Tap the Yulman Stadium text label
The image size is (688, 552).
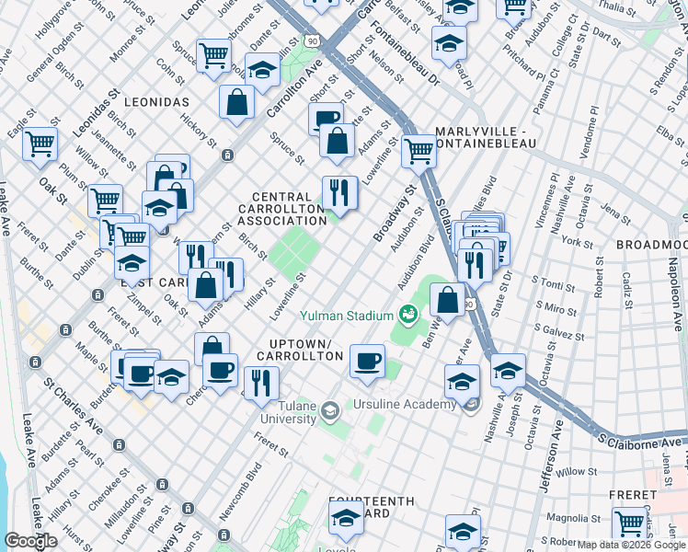click(346, 316)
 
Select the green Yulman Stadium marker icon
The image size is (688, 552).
click(408, 316)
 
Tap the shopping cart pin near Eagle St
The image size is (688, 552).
click(40, 144)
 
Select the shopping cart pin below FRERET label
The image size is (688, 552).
click(629, 523)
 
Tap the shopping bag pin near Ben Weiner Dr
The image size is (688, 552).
click(447, 300)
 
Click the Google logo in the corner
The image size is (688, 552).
click(30, 541)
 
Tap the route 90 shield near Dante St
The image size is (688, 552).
click(314, 41)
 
